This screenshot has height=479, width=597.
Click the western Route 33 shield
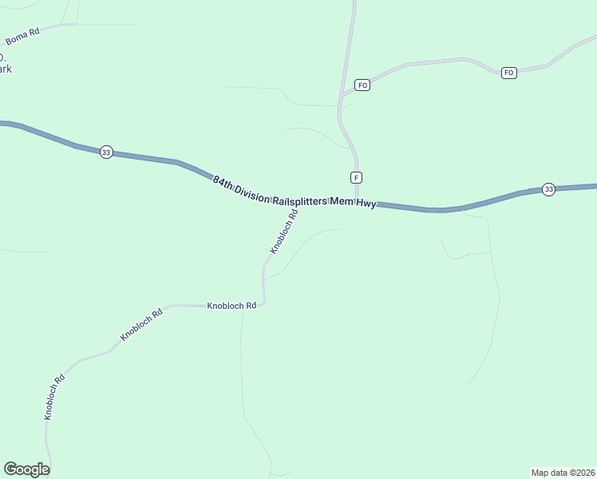click(x=106, y=152)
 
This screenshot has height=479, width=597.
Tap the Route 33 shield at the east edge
click(x=548, y=189)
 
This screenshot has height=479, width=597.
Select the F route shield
click(x=356, y=177)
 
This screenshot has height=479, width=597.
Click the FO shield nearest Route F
click(x=362, y=85)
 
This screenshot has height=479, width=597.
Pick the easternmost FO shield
click(x=509, y=73)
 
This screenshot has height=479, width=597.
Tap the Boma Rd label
click(x=22, y=37)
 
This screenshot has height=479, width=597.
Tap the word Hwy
click(x=366, y=204)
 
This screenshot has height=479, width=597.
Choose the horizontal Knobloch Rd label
click(x=231, y=306)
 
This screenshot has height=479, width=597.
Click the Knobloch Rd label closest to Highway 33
click(x=283, y=232)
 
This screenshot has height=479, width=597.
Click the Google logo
click(x=26, y=469)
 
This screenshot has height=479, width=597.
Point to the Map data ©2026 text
click(x=563, y=472)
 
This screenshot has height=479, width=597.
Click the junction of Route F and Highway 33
click(x=356, y=204)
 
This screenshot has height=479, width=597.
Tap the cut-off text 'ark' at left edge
click(x=5, y=69)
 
